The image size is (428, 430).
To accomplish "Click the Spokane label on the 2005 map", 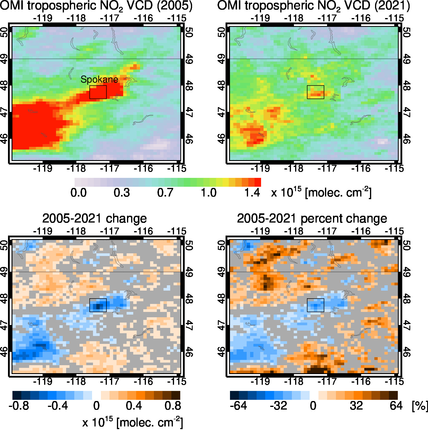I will [x=99, y=79].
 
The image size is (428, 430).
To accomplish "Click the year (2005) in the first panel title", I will [x=174, y=6].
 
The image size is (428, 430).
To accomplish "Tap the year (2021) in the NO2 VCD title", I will [x=392, y=6].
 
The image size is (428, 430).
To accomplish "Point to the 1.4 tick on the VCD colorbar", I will [x=252, y=193].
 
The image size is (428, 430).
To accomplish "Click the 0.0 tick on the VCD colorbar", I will [x=78, y=193].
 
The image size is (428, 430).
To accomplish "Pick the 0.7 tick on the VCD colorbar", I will [x=165, y=193].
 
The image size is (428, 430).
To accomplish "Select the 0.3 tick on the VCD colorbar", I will [x=122, y=193].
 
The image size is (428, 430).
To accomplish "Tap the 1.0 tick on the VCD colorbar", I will [x=209, y=193].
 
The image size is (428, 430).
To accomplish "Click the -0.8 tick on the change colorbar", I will [x=19, y=405].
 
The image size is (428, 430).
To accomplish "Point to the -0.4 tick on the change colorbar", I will [x=58, y=405].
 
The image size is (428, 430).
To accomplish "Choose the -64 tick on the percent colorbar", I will [x=238, y=405].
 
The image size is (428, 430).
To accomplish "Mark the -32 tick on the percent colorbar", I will [x=278, y=405].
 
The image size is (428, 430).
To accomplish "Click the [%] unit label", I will [x=420, y=406].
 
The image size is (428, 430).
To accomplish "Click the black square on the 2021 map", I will [x=316, y=92].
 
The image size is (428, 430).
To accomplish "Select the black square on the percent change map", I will [x=316, y=305].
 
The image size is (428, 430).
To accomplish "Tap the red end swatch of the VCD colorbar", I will [x=258, y=182].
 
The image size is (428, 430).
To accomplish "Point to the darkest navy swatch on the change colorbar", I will [x=17, y=395].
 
